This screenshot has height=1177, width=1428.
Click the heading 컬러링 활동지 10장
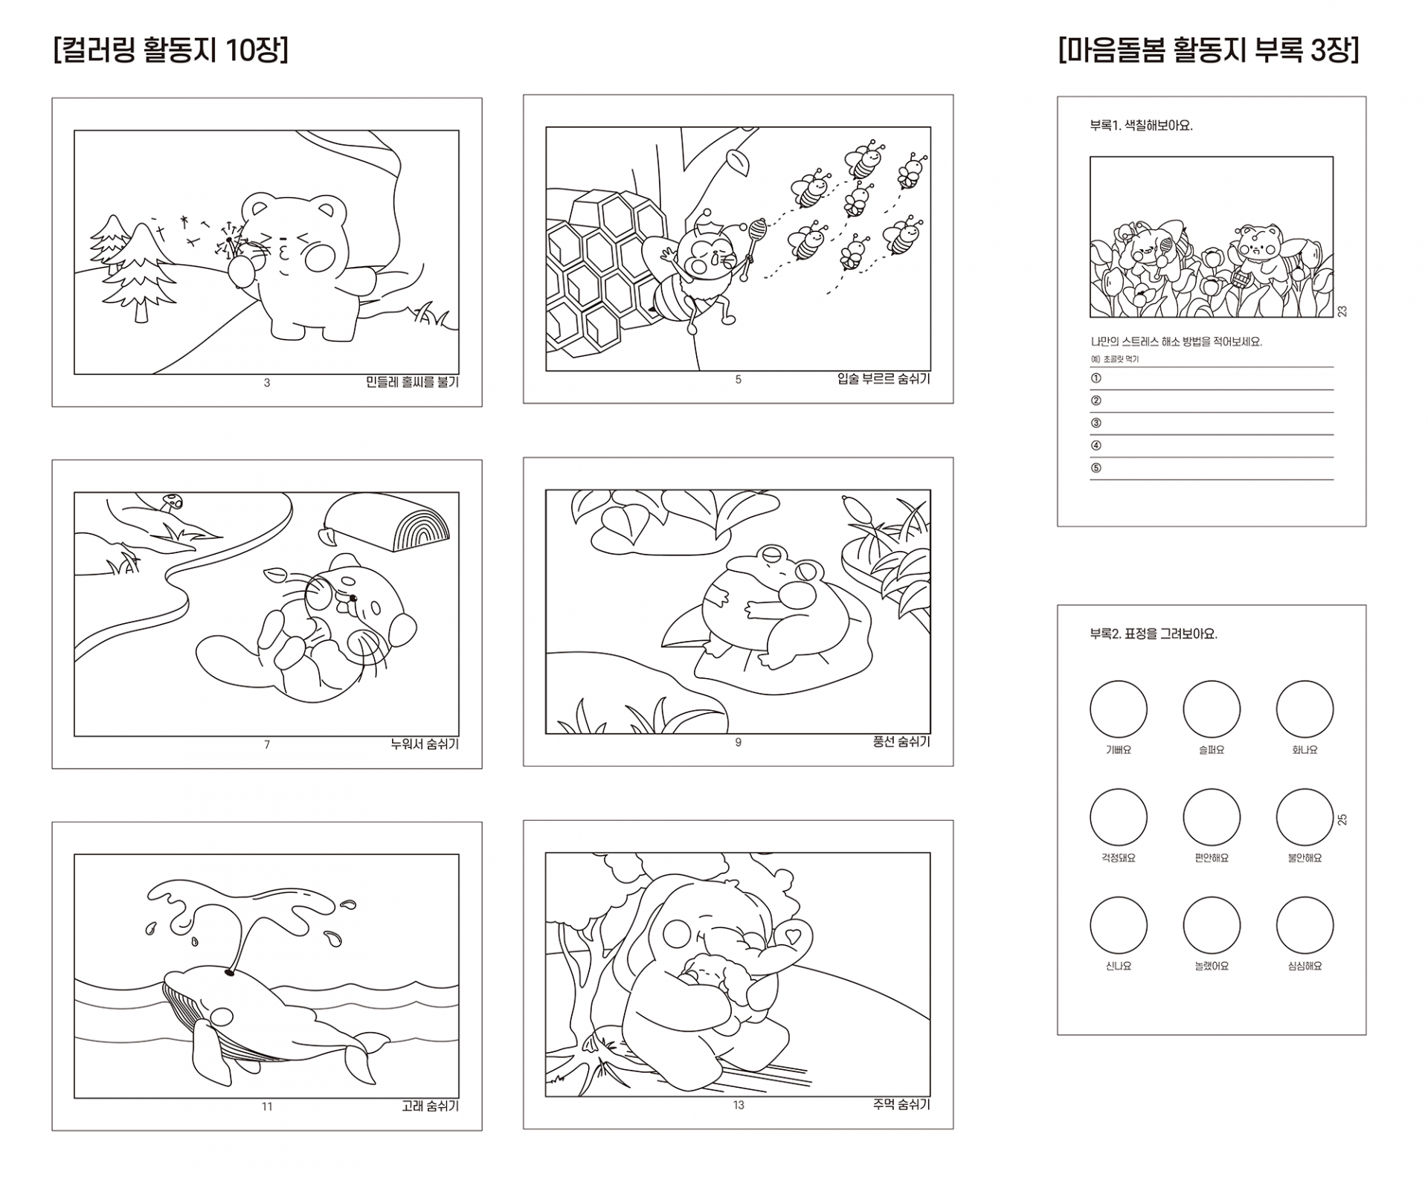(x=171, y=51)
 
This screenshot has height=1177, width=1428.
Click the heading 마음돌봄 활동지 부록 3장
(x=1209, y=51)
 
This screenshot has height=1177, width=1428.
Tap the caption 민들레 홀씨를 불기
(x=413, y=382)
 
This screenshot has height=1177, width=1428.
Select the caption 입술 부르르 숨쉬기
(x=884, y=379)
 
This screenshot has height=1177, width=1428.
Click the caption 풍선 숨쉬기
(x=901, y=741)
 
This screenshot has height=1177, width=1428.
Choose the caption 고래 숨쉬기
(x=431, y=1106)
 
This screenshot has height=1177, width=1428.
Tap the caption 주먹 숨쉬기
(x=901, y=1104)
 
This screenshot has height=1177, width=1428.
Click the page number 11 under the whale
(x=267, y=1107)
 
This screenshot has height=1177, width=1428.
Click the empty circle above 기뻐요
(x=1119, y=709)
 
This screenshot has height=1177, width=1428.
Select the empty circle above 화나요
(x=1305, y=709)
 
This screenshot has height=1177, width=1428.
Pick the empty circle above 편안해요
(x=1212, y=817)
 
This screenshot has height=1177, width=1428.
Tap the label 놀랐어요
(x=1212, y=967)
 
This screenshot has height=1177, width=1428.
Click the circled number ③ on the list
(x=1096, y=423)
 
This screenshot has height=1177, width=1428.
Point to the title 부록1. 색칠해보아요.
(x=1141, y=126)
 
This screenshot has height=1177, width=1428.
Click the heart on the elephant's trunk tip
(x=793, y=933)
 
